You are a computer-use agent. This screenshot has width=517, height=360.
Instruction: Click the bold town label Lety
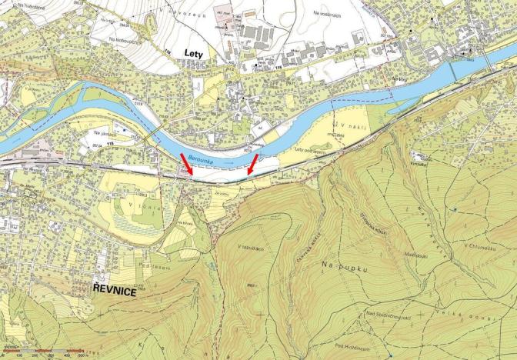coord(198,52)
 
